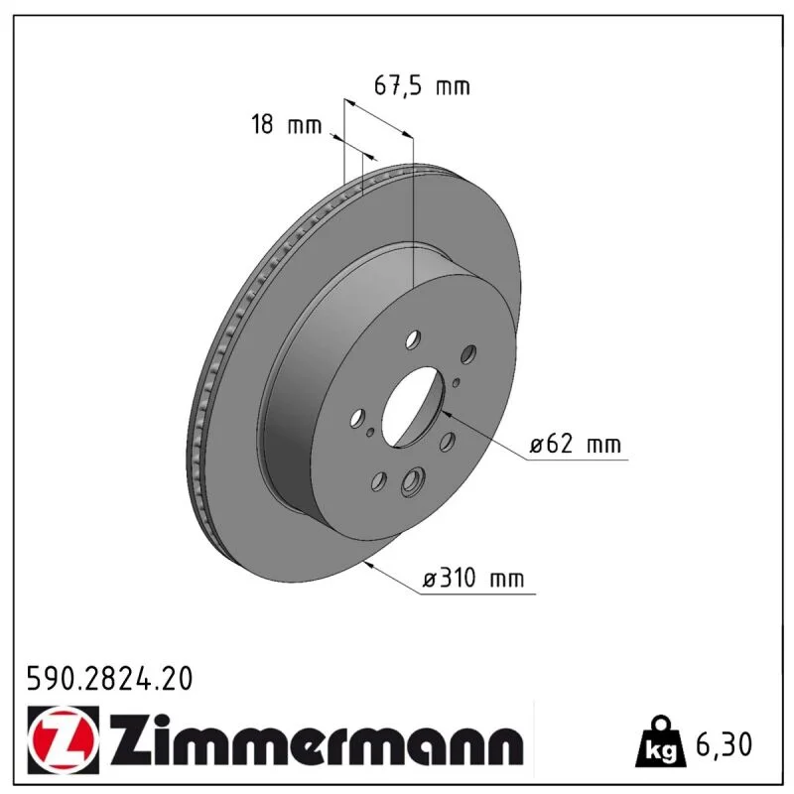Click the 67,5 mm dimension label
tap(422, 85)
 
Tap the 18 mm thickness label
tap(287, 124)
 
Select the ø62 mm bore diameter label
tap(576, 444)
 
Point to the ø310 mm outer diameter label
tap(473, 578)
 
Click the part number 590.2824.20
tap(109, 679)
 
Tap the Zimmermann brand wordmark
tap(317, 742)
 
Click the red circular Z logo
tap(63, 739)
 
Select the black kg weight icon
tap(660, 743)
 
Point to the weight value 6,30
tap(725, 744)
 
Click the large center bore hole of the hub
tap(413, 408)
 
